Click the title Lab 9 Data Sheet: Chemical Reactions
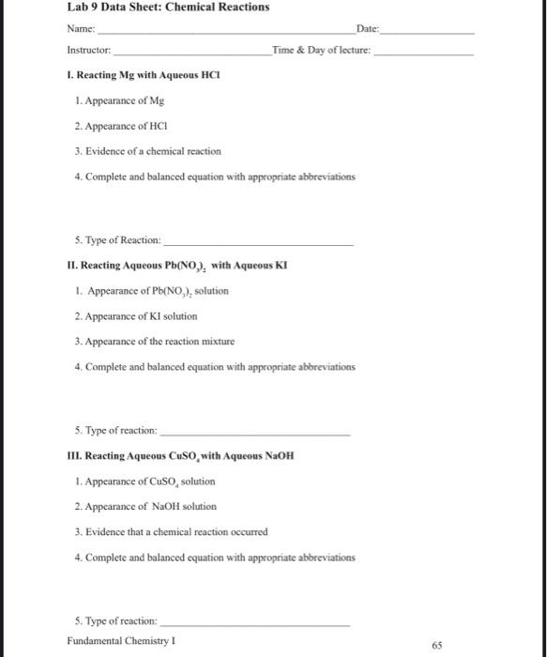point(168,8)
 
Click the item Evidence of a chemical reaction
point(146,151)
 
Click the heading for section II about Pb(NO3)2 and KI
point(177,266)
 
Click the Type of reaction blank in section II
point(254,433)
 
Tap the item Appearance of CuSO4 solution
point(144,481)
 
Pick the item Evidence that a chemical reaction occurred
point(170,531)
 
